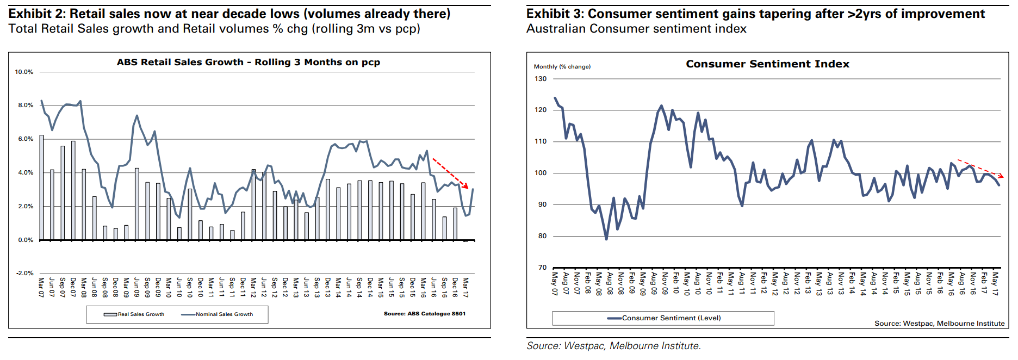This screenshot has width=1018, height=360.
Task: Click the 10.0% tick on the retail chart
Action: [24, 72]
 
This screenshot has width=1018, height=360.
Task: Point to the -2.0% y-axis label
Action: [24, 273]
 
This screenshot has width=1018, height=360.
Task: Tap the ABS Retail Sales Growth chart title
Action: [249, 62]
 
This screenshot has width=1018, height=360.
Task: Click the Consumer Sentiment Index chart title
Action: [767, 64]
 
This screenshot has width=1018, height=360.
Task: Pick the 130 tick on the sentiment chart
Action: [541, 79]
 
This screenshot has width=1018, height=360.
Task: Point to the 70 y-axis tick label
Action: [542, 267]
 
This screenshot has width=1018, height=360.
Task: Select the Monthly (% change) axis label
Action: [562, 66]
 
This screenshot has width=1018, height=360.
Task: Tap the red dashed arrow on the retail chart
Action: [450, 173]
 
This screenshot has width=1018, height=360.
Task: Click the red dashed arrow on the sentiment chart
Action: [980, 169]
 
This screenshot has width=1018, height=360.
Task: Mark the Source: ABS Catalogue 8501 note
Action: [424, 314]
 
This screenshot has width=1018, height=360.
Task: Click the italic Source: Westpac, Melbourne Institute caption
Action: [613, 346]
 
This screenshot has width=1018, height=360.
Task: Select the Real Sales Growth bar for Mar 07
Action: [41, 188]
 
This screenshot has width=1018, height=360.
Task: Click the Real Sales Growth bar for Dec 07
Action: [73, 190]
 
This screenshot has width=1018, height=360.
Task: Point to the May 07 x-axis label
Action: [555, 283]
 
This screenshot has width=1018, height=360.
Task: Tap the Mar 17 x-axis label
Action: [465, 287]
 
